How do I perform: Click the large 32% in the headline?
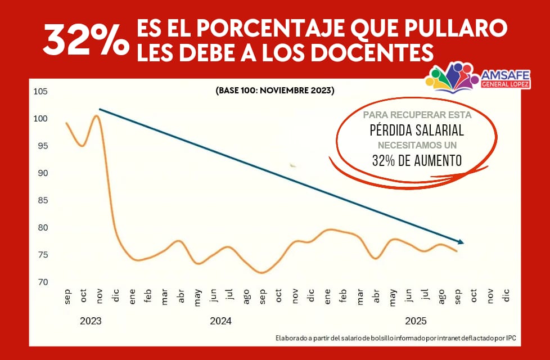coord(85,40)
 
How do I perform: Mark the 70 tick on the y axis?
coord(43,282)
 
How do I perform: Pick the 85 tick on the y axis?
coord(43,200)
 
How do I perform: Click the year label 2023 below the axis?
coord(91,321)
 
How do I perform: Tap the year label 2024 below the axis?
coord(220,321)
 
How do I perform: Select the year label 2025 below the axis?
coord(416,321)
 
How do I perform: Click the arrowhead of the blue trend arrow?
coord(461,242)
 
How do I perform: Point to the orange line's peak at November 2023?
coord(97,116)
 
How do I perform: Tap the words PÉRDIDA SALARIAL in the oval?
coord(416,130)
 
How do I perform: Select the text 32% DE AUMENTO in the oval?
coord(417,160)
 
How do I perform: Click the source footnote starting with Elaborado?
coord(395,338)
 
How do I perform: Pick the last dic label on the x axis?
coord(506,296)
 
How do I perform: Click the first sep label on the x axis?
coord(67,296)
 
